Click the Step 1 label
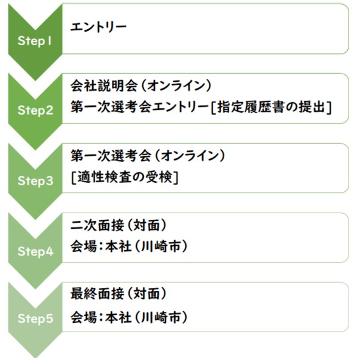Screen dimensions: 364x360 coord(34,41)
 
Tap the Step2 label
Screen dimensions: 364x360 coord(36,110)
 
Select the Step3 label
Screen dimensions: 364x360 coord(36,181)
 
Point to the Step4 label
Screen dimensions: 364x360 coord(36,251)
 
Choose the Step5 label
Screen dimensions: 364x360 coord(36,318)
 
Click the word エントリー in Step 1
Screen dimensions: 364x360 coord(98,27)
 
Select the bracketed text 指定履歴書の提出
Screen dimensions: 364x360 coord(271,108)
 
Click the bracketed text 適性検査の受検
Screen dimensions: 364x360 coord(125,178)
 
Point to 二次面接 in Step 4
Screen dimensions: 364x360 coord(97,225)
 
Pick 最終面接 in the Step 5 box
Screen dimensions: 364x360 coord(97,293)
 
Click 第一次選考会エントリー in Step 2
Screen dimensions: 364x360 coord(140,108)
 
